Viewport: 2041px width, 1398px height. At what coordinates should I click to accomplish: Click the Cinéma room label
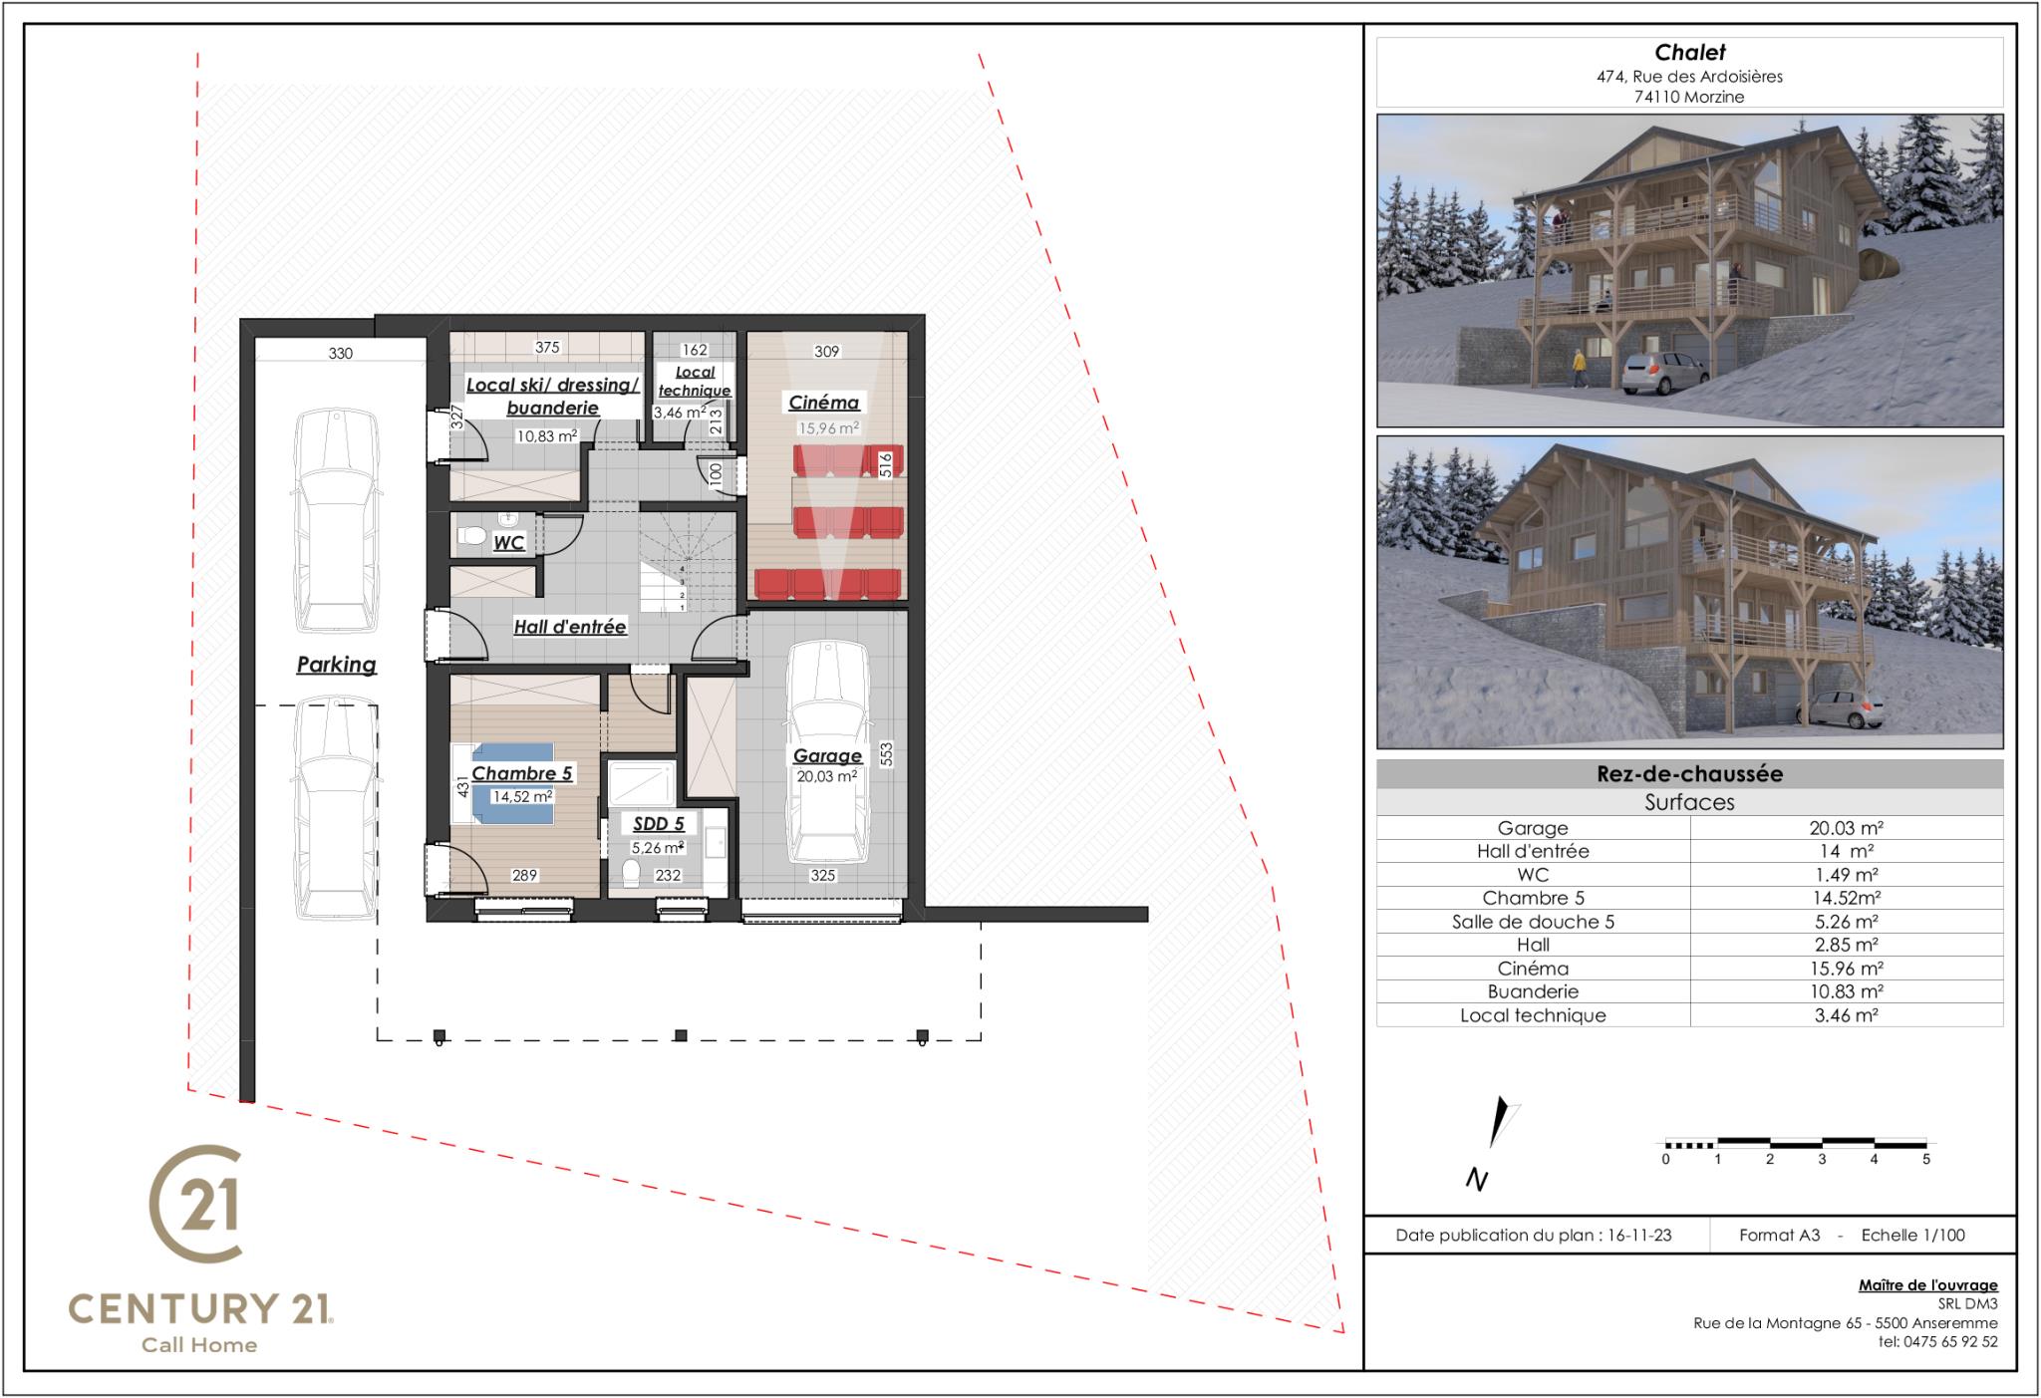pos(823,403)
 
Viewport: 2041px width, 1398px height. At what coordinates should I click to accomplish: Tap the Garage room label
pos(827,756)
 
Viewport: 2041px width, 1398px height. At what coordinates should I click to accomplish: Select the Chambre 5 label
pos(521,773)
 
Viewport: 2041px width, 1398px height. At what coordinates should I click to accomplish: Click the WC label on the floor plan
pos(508,543)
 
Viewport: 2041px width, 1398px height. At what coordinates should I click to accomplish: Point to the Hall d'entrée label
pos(569,627)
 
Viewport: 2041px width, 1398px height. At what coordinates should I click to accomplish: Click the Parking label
pos(336,665)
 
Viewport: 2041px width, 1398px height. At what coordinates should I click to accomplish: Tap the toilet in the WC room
pos(471,537)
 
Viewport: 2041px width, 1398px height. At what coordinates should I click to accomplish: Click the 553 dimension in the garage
pos(886,754)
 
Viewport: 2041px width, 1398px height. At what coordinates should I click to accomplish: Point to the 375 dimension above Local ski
pos(547,348)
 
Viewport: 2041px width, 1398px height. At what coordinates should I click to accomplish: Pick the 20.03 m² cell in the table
pos(1846,828)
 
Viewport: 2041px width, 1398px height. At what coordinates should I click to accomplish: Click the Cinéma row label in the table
pos(1533,969)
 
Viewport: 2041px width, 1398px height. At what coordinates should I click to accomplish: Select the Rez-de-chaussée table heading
pos(1689,774)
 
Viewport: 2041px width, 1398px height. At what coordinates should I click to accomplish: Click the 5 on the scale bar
pos(1926,1160)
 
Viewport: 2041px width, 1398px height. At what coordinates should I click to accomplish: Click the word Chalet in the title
pos(1690,53)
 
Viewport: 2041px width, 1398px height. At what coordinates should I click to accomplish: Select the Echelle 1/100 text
pos(1913,1236)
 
